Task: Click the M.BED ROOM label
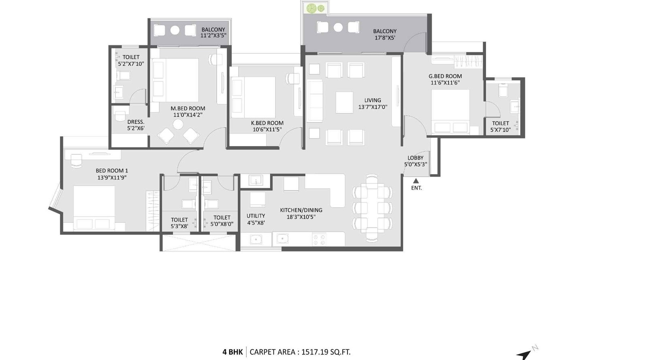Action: coord(188,109)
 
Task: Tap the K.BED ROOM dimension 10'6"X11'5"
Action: coord(267,130)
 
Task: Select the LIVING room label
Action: coord(373,100)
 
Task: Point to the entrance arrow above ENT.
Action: coord(416,181)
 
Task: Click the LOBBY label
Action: coord(416,158)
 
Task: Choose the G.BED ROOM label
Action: coord(445,76)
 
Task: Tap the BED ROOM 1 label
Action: coord(112,170)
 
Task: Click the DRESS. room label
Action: coord(136,122)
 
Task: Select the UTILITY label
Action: coord(256,216)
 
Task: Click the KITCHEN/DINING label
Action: coord(301,210)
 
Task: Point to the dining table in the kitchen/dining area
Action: coord(372,207)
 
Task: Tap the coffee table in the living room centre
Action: coord(344,102)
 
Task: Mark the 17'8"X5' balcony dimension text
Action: coord(384,38)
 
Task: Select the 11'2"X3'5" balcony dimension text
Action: coord(213,36)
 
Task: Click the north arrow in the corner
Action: coord(524,354)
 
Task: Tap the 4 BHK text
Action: coord(232,352)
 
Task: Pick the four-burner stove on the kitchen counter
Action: coord(319,239)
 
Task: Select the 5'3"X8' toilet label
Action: coord(179,226)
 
